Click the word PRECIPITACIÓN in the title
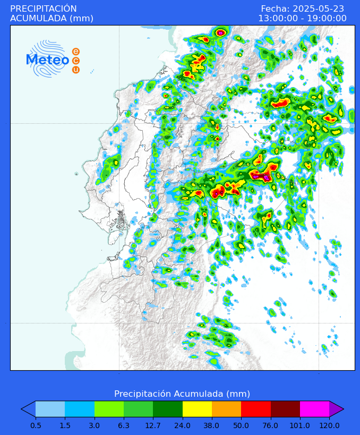click(44, 8)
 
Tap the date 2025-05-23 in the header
click(317, 8)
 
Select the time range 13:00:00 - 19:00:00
click(302, 18)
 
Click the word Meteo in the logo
click(47, 60)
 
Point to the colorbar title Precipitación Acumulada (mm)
click(182, 394)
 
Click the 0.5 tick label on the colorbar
click(36, 425)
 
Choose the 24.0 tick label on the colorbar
click(183, 425)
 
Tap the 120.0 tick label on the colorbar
click(329, 425)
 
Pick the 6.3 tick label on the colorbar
click(124, 425)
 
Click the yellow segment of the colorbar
click(197, 409)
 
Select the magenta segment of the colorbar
click(314, 409)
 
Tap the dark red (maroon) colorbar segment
click(285, 409)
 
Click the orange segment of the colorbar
click(226, 409)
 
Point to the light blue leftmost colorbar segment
click(50, 409)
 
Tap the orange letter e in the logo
click(76, 52)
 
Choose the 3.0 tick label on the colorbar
click(95, 425)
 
